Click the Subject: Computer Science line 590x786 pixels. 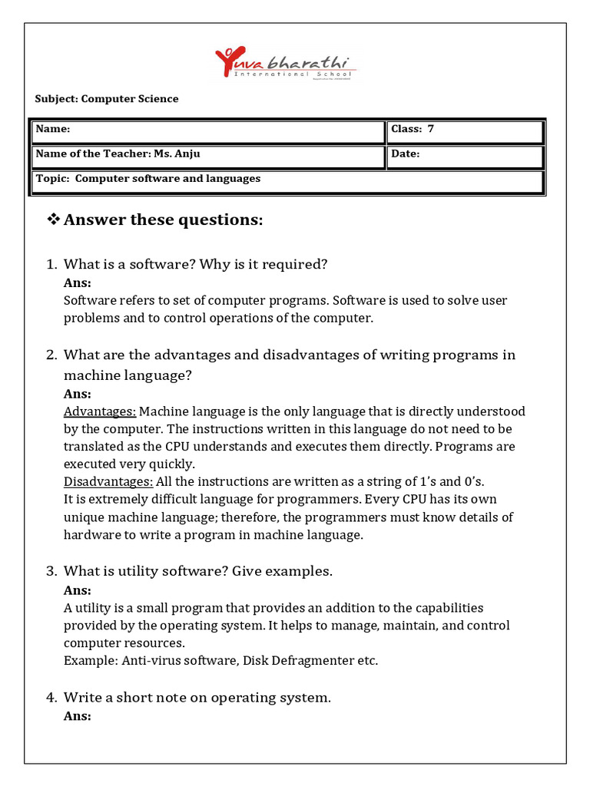coord(107,99)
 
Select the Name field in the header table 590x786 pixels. coord(207,130)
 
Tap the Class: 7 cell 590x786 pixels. coord(466,130)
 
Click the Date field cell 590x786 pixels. coord(466,156)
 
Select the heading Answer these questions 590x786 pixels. coord(163,221)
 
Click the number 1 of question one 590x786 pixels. coord(51,265)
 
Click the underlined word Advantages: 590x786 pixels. coord(100,412)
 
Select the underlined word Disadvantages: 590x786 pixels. coord(108,482)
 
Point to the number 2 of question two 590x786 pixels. coord(51,355)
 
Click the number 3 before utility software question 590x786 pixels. coord(51,572)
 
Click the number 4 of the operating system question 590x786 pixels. coord(51,698)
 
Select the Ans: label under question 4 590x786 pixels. coord(78,716)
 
